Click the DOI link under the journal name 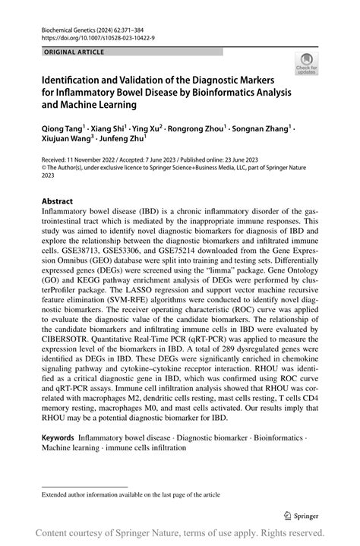(x=93, y=36)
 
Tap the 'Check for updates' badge (x=308, y=64)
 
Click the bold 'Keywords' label (x=58, y=439)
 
